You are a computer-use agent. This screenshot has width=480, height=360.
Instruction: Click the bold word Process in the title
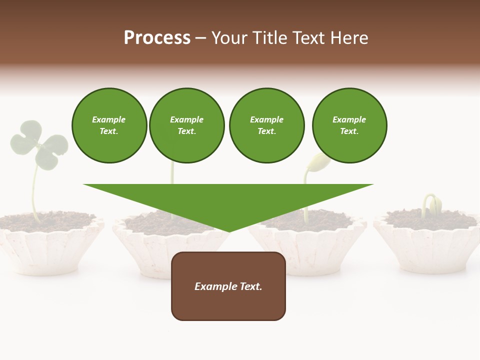(157, 38)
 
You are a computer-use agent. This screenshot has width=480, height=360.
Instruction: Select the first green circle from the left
(109, 125)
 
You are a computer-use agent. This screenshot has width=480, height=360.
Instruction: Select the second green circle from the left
(186, 125)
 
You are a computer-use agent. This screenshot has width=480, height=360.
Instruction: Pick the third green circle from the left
(266, 125)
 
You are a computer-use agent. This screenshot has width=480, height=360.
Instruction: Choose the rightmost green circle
(349, 125)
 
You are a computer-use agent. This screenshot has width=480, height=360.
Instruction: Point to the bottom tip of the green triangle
(228, 231)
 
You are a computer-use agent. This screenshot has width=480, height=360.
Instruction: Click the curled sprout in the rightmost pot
(433, 204)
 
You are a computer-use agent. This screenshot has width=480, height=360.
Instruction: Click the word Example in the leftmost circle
(109, 119)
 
